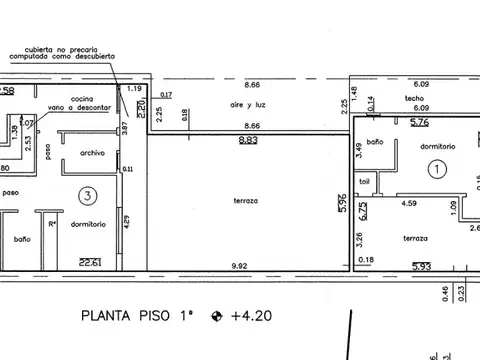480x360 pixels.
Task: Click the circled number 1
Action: coord(436,170)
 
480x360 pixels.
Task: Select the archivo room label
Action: coord(93,153)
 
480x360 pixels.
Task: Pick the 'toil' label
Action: coord(365,182)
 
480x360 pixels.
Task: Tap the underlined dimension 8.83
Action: coord(247,141)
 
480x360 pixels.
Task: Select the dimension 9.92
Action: coord(239,264)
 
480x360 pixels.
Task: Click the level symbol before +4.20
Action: coord(216,317)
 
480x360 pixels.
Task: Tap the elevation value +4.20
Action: coord(250,317)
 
